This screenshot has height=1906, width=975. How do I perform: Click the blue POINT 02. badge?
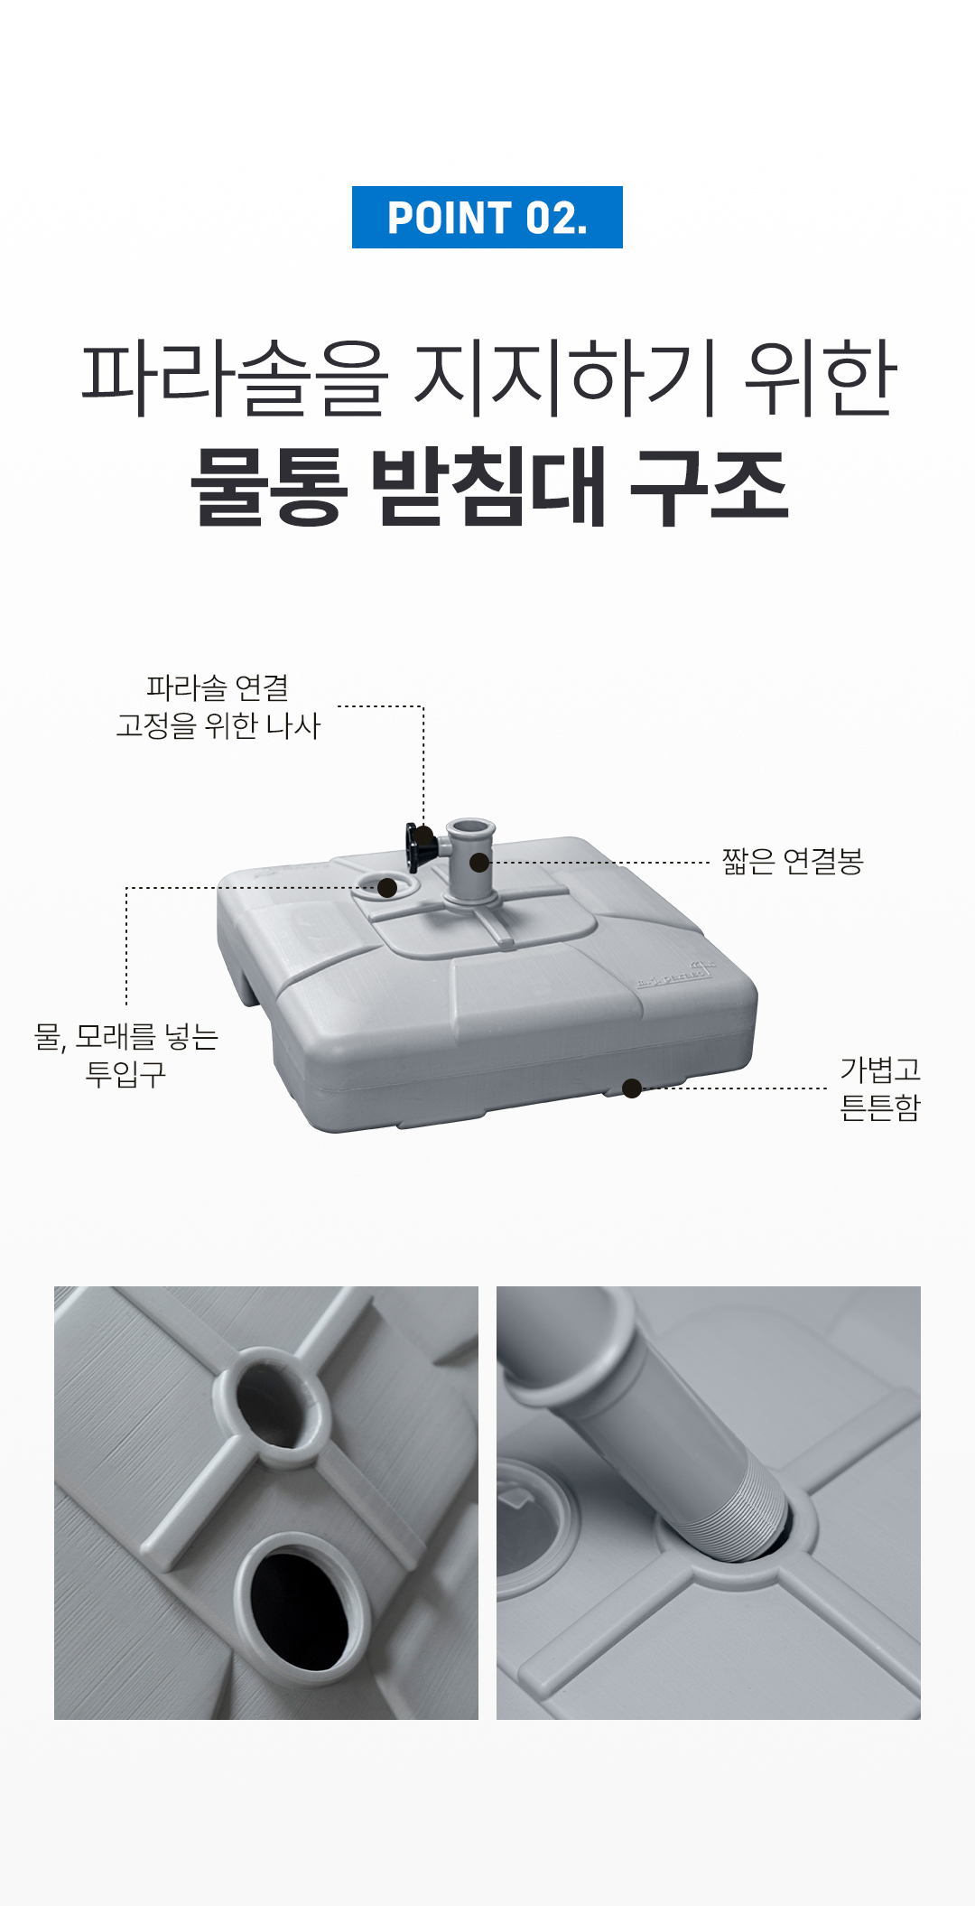487,217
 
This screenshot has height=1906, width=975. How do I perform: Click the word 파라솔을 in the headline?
235,378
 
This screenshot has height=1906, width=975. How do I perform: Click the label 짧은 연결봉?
793,862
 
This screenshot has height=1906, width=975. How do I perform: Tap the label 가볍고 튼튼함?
880,1088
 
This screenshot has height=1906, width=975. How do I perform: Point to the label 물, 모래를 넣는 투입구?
126,1055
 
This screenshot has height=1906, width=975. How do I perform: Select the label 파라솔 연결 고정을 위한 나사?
218,706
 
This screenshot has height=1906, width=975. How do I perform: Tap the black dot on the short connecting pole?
479,863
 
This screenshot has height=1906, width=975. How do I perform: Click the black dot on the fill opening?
387,888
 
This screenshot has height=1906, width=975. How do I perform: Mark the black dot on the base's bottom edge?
632,1088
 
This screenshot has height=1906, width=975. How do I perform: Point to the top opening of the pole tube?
470,827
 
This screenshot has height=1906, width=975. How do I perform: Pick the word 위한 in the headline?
820,378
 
